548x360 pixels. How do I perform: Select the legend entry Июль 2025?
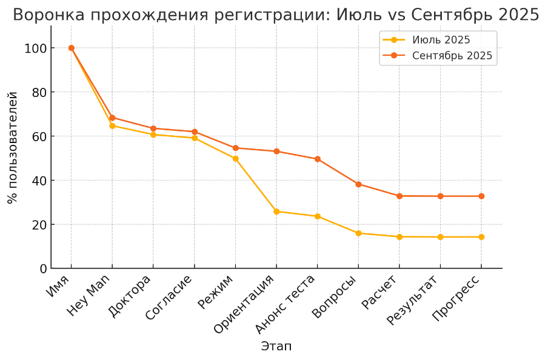pos(441,41)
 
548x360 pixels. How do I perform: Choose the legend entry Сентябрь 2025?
pos(452,56)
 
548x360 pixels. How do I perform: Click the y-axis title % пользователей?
pos(12,147)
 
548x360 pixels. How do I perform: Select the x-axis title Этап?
pos(276,347)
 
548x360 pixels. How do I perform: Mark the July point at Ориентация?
pos(276,212)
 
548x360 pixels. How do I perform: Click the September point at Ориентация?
pos(276,152)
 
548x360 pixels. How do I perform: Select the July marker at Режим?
pos(235,159)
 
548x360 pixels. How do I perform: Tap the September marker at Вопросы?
pos(358,184)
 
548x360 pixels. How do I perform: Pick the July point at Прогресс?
pos(481,237)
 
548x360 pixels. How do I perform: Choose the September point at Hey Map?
pos(112,118)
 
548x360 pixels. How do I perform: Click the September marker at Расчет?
pos(399,196)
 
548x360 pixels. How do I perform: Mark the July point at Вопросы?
pos(358,233)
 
